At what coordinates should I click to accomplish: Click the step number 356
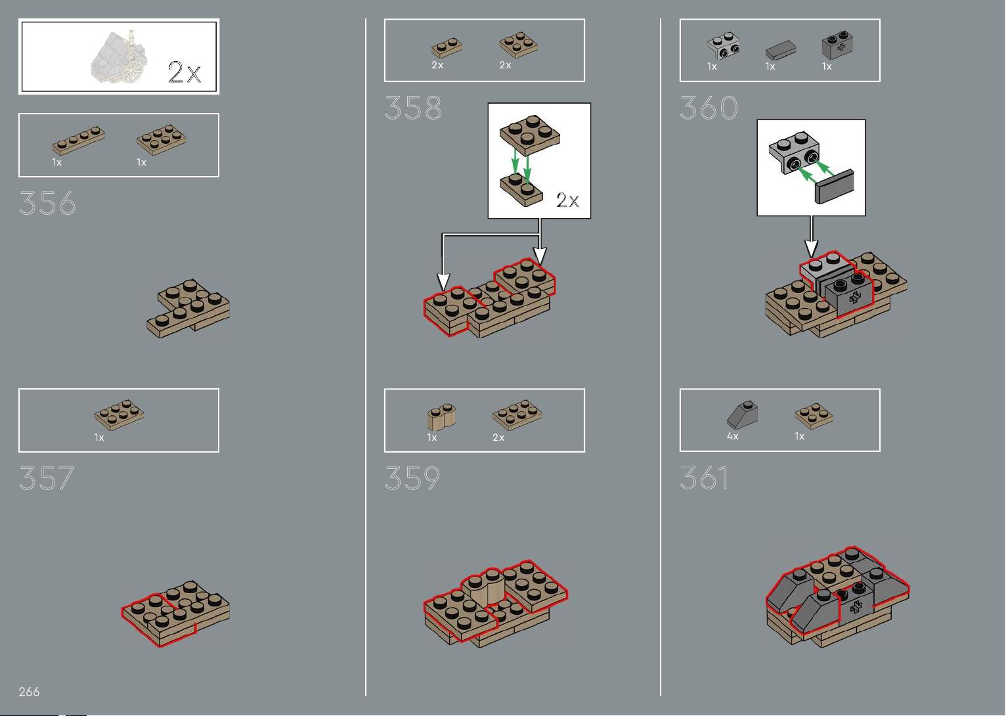pyautogui.click(x=47, y=203)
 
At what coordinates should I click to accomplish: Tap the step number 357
pyautogui.click(x=47, y=478)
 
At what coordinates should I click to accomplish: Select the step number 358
pyautogui.click(x=413, y=108)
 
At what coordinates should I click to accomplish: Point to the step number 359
pyautogui.click(x=412, y=478)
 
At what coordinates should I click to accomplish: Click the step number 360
pyautogui.click(x=709, y=108)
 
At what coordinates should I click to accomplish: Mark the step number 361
pyautogui.click(x=704, y=478)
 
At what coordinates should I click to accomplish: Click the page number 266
pyautogui.click(x=29, y=692)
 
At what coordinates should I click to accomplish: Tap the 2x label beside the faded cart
pyautogui.click(x=185, y=72)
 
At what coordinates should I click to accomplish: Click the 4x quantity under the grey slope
pyautogui.click(x=732, y=436)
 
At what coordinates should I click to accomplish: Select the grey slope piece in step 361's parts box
pyautogui.click(x=743, y=414)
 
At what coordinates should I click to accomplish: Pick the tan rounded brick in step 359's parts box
pyautogui.click(x=441, y=417)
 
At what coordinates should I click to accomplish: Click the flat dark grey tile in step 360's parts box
pyautogui.click(x=781, y=50)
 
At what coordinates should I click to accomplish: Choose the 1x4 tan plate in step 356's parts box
pyautogui.click(x=79, y=141)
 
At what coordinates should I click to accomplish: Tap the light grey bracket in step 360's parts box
pyautogui.click(x=724, y=45)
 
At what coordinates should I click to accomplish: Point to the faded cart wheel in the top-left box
pyautogui.click(x=133, y=73)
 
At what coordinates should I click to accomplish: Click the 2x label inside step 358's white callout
pyautogui.click(x=567, y=200)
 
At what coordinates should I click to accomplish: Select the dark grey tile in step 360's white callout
pyautogui.click(x=834, y=187)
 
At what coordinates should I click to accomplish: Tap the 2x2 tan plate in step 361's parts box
pyautogui.click(x=814, y=416)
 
